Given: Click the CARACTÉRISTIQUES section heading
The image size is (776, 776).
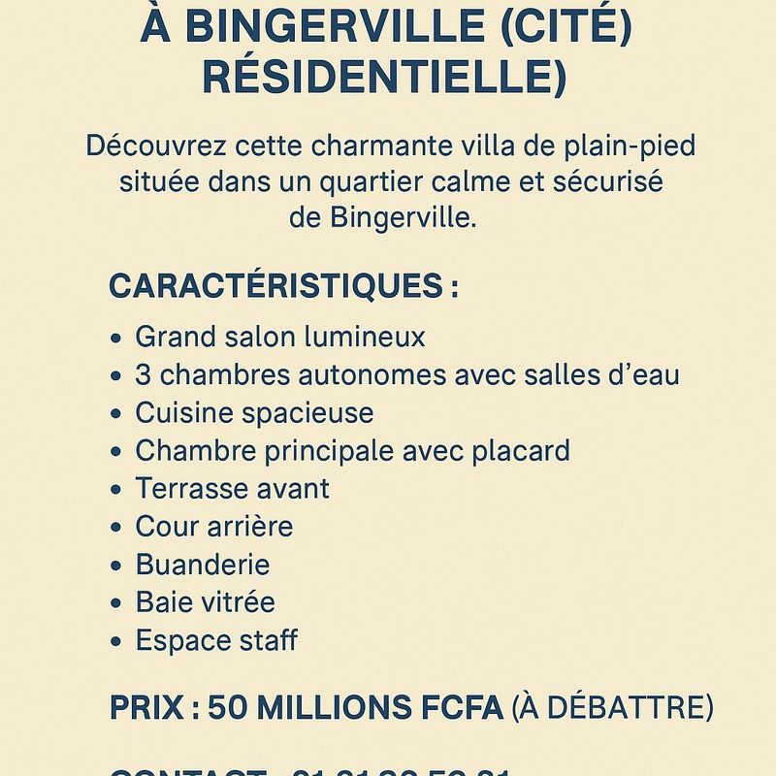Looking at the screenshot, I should pyautogui.click(x=275, y=286).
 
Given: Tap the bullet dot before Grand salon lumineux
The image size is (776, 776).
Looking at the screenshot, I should pyautogui.click(x=116, y=339).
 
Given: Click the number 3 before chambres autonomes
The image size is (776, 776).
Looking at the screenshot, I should pyautogui.click(x=144, y=374).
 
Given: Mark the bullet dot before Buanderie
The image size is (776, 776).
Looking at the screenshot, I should pyautogui.click(x=116, y=566).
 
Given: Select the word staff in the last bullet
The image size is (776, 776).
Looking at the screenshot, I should pyautogui.click(x=265, y=639).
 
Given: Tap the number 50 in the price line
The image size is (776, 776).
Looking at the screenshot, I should pyautogui.click(x=229, y=707).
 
